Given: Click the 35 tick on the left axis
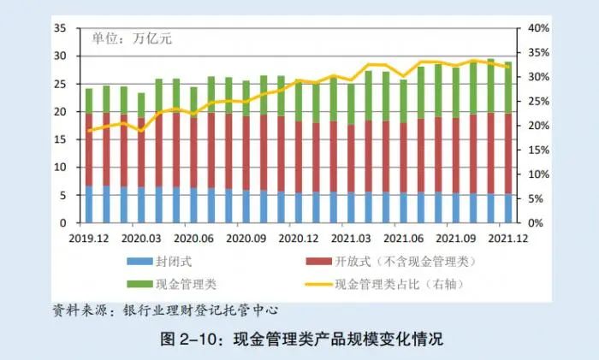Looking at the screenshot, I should (x=59, y=28).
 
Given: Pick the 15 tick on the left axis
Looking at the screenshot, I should (x=59, y=139).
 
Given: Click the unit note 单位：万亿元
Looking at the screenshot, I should (x=128, y=38).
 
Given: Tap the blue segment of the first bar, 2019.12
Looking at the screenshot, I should (x=88, y=204).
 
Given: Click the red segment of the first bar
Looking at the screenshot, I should (x=88, y=150).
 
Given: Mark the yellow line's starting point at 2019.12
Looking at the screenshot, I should (x=88, y=131).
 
